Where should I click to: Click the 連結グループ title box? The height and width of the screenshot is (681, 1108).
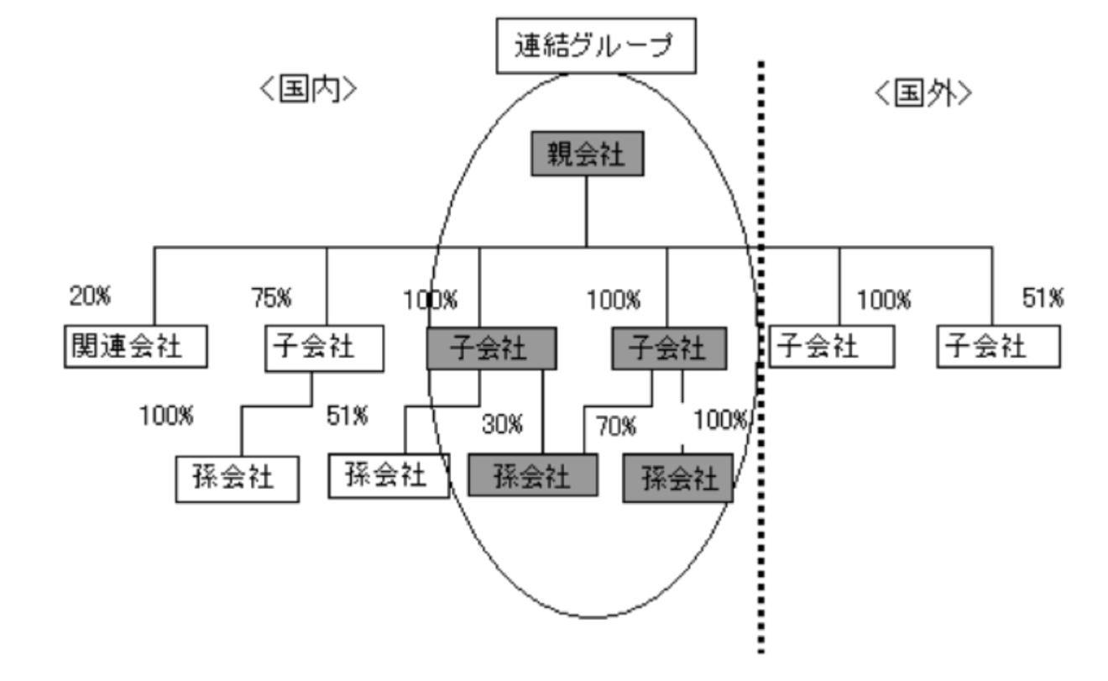pos(593,46)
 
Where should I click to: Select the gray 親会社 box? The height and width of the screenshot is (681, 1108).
pos(586,155)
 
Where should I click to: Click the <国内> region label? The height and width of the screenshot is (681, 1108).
pos(306,92)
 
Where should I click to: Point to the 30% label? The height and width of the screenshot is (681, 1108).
pos(502,425)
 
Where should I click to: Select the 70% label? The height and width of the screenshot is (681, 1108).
pos(616,427)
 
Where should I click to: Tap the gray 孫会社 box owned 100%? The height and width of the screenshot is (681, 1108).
pos(677,478)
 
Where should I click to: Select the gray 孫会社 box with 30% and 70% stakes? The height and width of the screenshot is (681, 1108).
pos(533,476)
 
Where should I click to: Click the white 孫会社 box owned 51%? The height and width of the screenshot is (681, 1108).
pos(389,476)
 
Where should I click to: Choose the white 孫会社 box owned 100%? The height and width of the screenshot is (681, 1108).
pos(238,479)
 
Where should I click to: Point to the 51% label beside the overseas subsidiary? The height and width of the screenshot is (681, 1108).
pos(1043,296)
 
